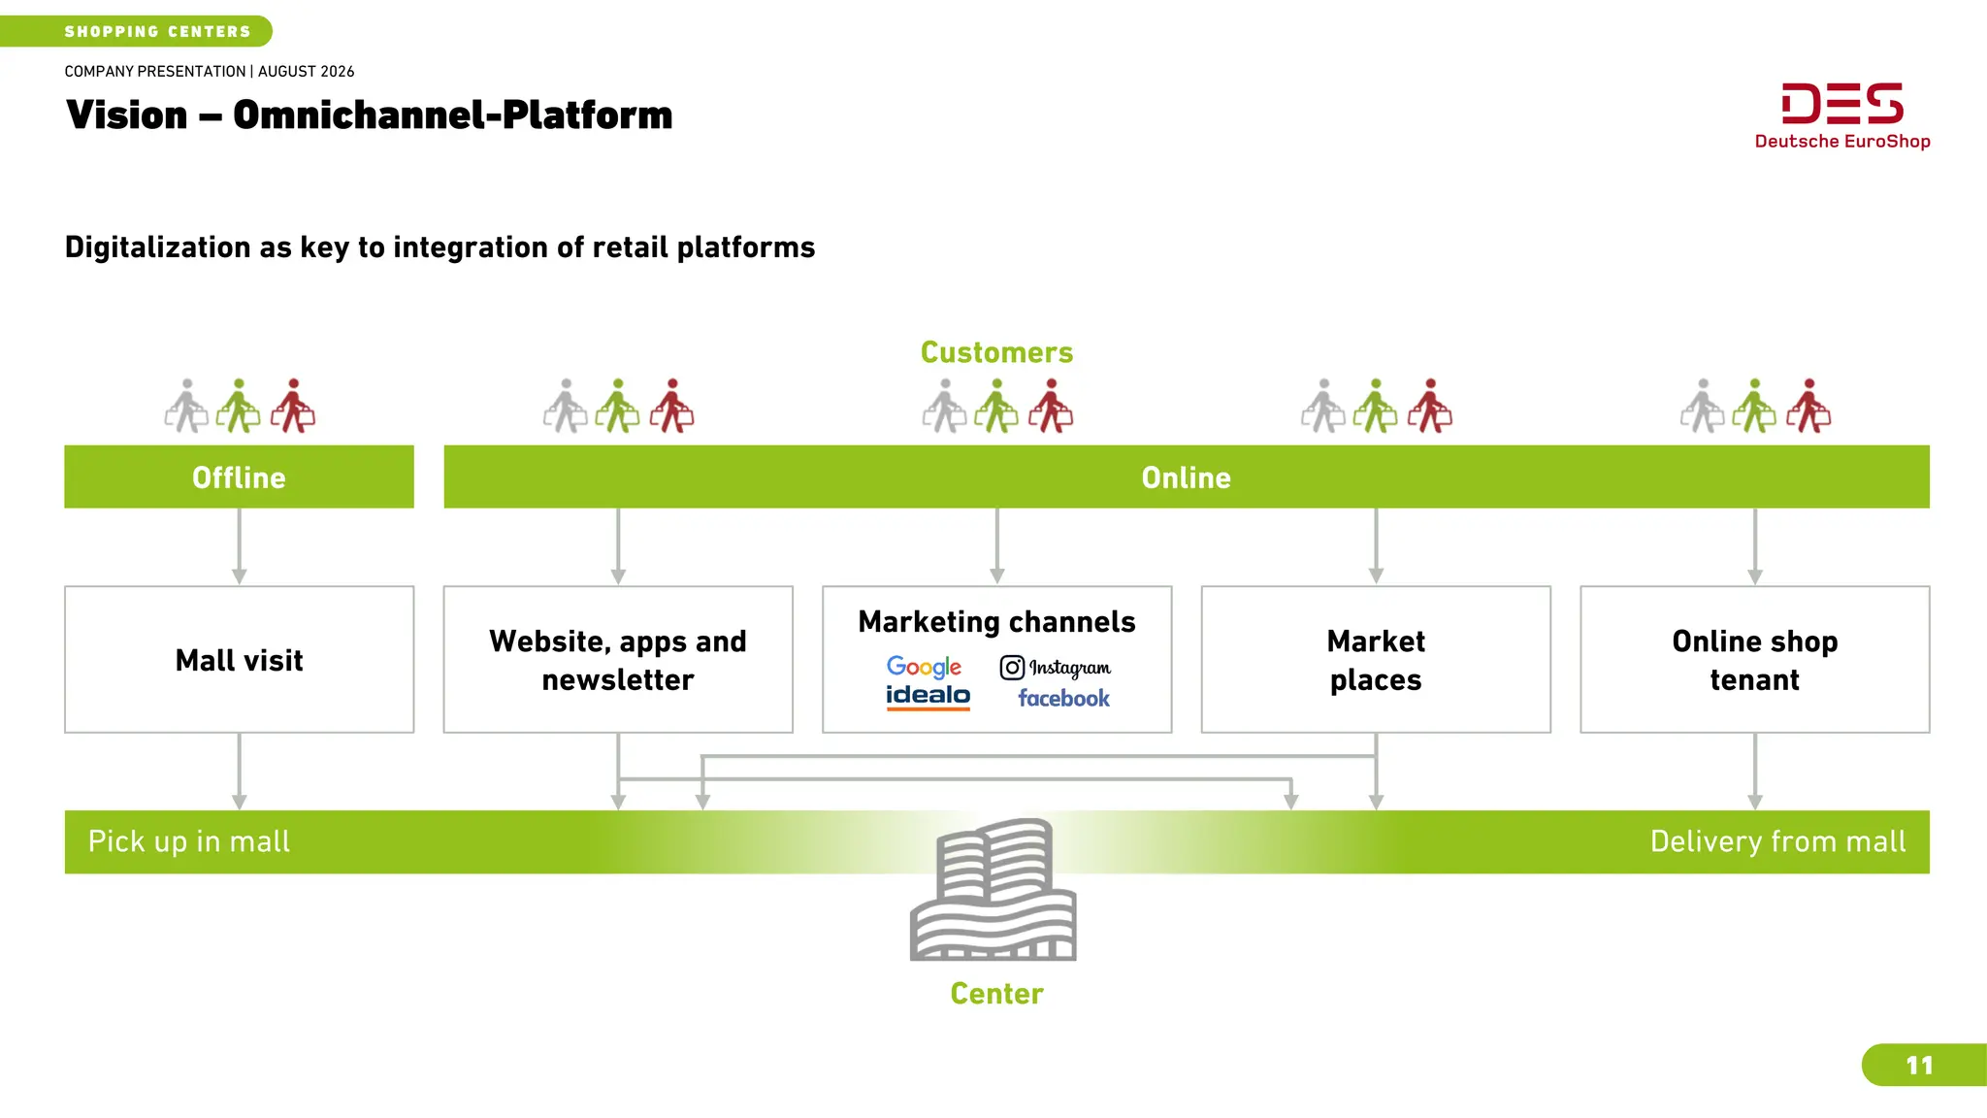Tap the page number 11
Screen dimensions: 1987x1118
pyautogui.click(x=1919, y=1066)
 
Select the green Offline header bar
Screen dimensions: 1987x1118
pyautogui.click(x=239, y=477)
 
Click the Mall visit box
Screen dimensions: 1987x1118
pyautogui.click(x=239, y=659)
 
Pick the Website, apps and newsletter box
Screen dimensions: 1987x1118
pyautogui.click(x=618, y=659)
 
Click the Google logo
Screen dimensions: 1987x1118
pyautogui.click(x=924, y=667)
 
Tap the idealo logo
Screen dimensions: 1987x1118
pyautogui.click(x=928, y=697)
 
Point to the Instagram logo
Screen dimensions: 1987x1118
pyautogui.click(x=1056, y=668)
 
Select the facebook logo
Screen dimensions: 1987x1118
pyautogui.click(x=1063, y=698)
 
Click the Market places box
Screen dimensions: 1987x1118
pyautogui.click(x=1376, y=659)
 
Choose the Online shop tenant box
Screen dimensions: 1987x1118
pyautogui.click(x=1754, y=659)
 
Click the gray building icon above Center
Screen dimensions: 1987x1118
pyautogui.click(x=993, y=890)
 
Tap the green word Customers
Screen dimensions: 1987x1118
pyautogui.click(x=996, y=352)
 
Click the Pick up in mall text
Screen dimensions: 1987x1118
pyautogui.click(x=189, y=841)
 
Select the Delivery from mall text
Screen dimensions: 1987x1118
pyautogui.click(x=1777, y=841)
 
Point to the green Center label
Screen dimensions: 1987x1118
pyautogui.click(x=996, y=994)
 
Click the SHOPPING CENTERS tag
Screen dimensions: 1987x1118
pyautogui.click(x=136, y=31)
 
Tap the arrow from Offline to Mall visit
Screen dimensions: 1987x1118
pyautogui.click(x=239, y=546)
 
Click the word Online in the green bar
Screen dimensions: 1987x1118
pyautogui.click(x=1186, y=477)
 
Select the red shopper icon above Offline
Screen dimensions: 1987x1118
pyautogui.click(x=293, y=406)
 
